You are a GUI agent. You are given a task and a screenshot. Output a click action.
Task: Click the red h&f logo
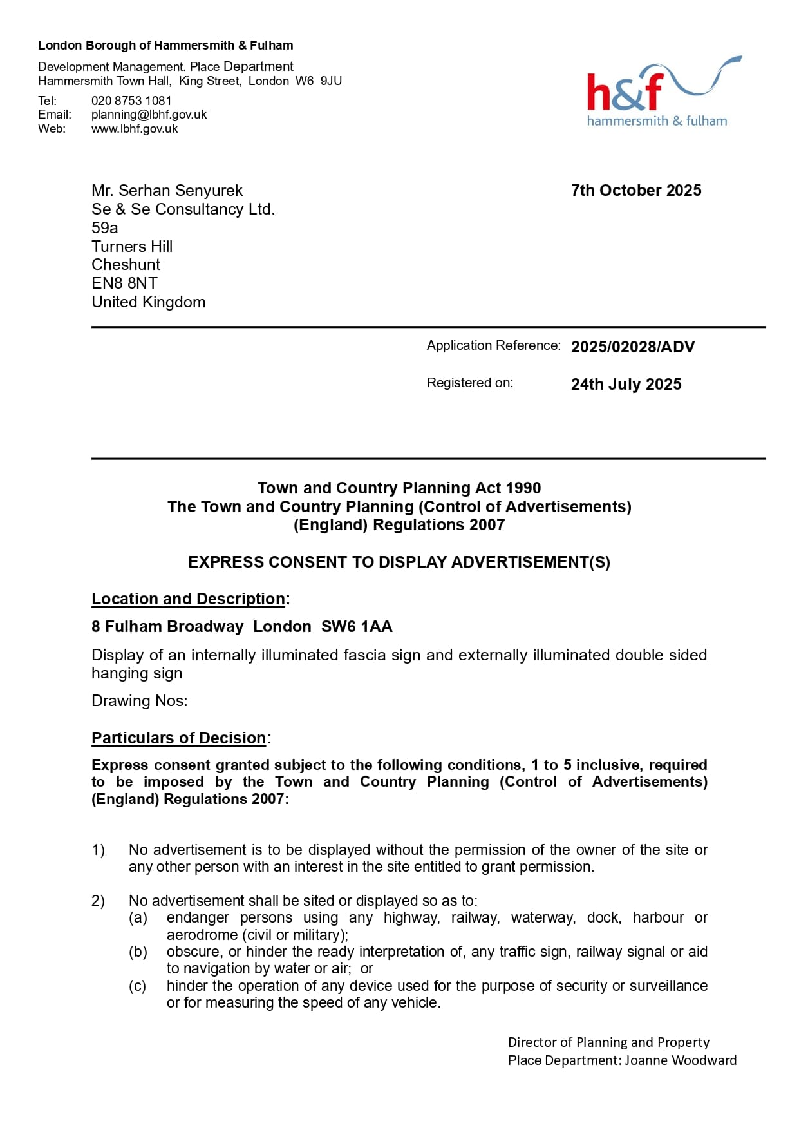click(x=625, y=91)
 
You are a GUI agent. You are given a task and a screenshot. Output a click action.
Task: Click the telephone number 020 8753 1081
click(x=131, y=101)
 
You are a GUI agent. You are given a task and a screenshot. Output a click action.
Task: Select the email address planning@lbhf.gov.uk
click(x=149, y=115)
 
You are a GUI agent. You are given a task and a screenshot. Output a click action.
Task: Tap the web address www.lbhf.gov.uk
click(x=135, y=129)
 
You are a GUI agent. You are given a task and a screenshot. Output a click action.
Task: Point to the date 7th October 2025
click(x=635, y=191)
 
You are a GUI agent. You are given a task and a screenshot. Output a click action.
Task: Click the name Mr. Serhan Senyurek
click(x=167, y=191)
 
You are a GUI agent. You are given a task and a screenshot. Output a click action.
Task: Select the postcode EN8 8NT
click(x=124, y=283)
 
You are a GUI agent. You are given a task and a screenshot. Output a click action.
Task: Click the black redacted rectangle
click(x=157, y=392)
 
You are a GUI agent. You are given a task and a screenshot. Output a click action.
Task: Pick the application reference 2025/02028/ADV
click(x=632, y=347)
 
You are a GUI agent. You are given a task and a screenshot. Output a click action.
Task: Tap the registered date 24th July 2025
click(x=626, y=385)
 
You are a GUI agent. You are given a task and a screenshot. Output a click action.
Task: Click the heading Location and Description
click(x=188, y=599)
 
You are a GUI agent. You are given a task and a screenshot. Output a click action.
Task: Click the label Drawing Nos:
click(x=139, y=701)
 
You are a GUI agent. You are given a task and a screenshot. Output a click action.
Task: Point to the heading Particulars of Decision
click(x=179, y=738)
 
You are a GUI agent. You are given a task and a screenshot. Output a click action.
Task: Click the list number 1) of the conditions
click(x=98, y=850)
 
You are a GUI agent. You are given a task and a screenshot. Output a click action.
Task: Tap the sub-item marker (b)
click(x=138, y=952)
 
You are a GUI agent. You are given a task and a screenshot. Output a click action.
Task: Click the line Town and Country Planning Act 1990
click(x=399, y=488)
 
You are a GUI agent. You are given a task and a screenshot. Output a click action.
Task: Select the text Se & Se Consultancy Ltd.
click(x=183, y=209)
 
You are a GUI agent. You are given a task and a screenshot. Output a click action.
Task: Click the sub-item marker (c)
click(x=137, y=986)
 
